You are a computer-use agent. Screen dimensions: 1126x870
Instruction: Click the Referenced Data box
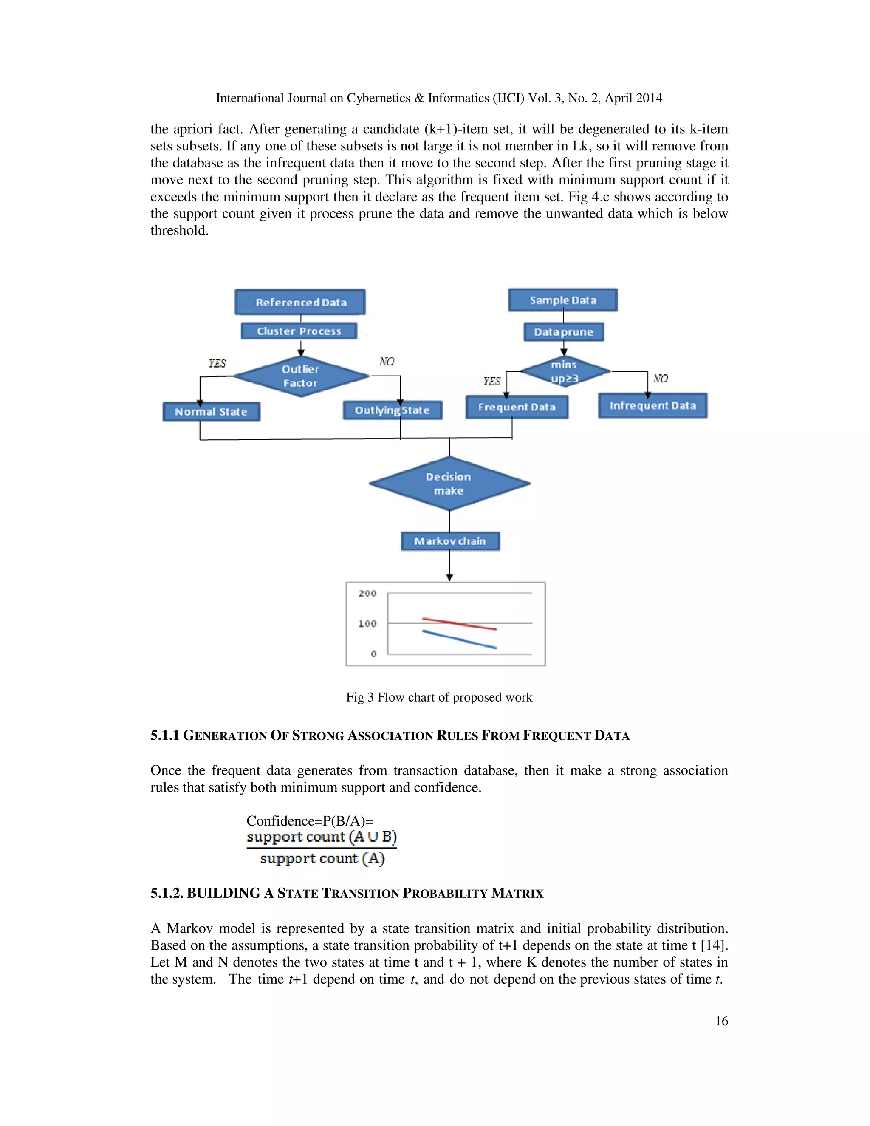click(x=300, y=302)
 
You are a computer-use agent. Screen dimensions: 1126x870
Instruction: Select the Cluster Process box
click(x=299, y=331)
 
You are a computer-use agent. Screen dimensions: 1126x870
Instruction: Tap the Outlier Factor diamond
click(x=301, y=376)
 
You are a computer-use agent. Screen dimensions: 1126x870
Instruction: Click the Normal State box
click(x=211, y=412)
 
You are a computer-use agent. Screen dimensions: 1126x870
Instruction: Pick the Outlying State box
click(x=392, y=410)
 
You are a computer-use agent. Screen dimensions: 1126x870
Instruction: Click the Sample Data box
click(x=563, y=300)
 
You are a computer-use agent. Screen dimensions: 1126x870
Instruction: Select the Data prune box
click(x=563, y=332)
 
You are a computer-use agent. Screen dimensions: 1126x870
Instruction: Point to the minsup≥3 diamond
click(x=565, y=371)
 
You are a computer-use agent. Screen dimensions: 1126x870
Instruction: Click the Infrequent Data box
click(x=652, y=406)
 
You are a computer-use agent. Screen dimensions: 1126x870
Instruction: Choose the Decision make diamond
click(x=449, y=484)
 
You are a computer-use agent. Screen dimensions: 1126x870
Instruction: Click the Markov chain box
click(x=450, y=541)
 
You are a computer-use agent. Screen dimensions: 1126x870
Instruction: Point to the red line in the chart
click(x=459, y=624)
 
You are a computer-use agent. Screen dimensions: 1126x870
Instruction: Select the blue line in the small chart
click(x=459, y=639)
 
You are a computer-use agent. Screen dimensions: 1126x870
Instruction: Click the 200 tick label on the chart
click(x=367, y=594)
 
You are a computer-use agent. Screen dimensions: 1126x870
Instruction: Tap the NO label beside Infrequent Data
click(x=660, y=379)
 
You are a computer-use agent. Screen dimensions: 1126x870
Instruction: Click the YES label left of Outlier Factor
click(x=217, y=363)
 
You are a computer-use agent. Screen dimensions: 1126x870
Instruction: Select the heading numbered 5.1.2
click(x=347, y=894)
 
